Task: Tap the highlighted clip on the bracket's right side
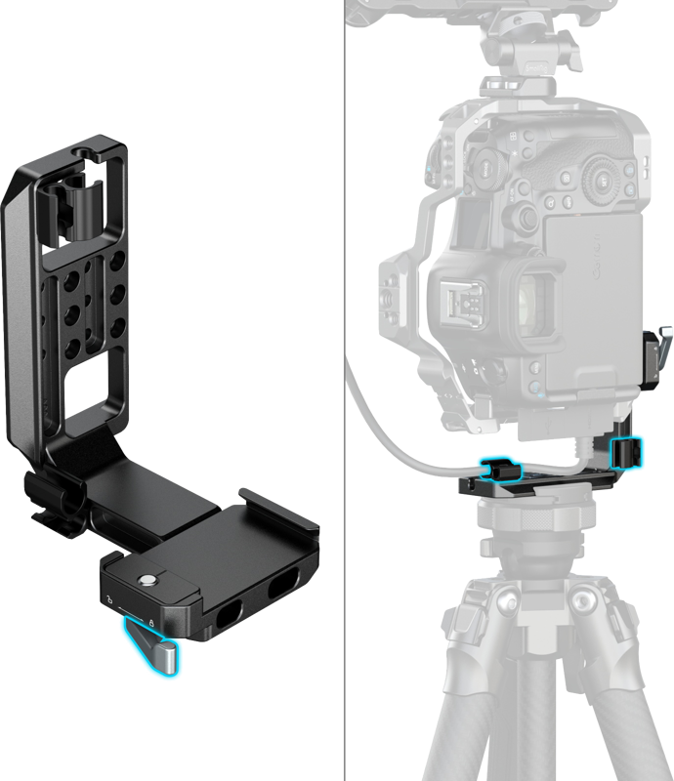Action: point(624,451)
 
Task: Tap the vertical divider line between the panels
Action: point(345,390)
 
